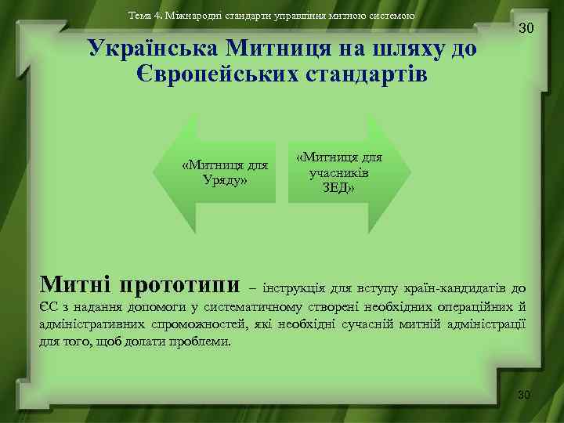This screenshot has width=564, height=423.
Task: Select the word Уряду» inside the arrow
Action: point(224,180)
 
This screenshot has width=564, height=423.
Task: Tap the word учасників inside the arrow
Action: point(339,172)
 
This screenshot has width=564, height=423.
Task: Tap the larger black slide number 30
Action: point(526,28)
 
